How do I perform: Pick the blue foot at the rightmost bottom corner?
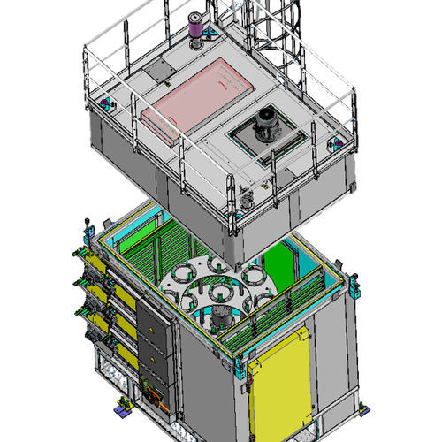tap(362, 408)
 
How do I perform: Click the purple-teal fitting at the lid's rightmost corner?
tap(336, 141)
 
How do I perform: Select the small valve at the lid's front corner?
tap(247, 202)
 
